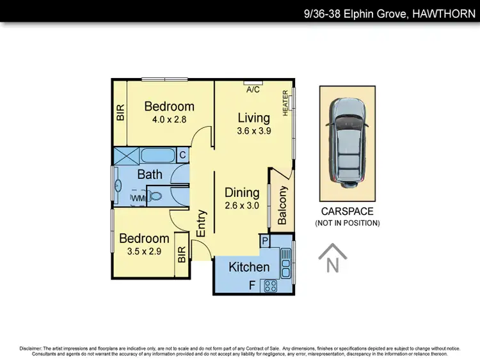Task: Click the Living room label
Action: pyautogui.click(x=253, y=118)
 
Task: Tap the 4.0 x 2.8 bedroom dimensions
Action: pyautogui.click(x=169, y=119)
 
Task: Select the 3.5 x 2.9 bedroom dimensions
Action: pyautogui.click(x=144, y=251)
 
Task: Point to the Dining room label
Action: pyautogui.click(x=242, y=192)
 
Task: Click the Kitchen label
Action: pyautogui.click(x=249, y=267)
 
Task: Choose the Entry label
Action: pyautogui.click(x=201, y=224)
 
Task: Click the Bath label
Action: pyautogui.click(x=150, y=174)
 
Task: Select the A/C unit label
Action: pyautogui.click(x=253, y=90)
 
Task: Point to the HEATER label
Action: pyautogui.click(x=285, y=103)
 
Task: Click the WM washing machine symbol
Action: pyautogui.click(x=138, y=199)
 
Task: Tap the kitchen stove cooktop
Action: pyautogui.click(x=270, y=286)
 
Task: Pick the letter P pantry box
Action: pyautogui.click(x=264, y=240)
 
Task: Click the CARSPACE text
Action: pyautogui.click(x=347, y=212)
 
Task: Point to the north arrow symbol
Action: pyautogui.click(x=332, y=259)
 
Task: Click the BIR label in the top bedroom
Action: pyautogui.click(x=120, y=113)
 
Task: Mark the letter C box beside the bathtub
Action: pyautogui.click(x=182, y=155)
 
